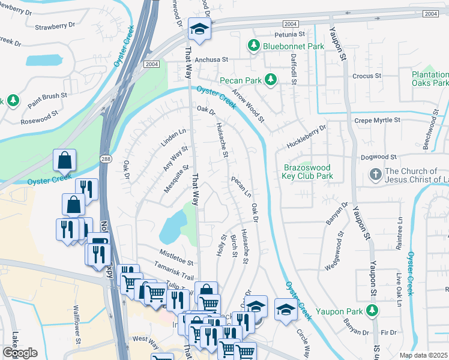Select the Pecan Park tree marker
(271, 79)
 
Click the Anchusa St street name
(210, 59)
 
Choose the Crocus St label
(367, 76)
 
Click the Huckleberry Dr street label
(306, 136)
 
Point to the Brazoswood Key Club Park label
(307, 172)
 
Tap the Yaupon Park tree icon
(372, 310)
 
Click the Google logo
(20, 353)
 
